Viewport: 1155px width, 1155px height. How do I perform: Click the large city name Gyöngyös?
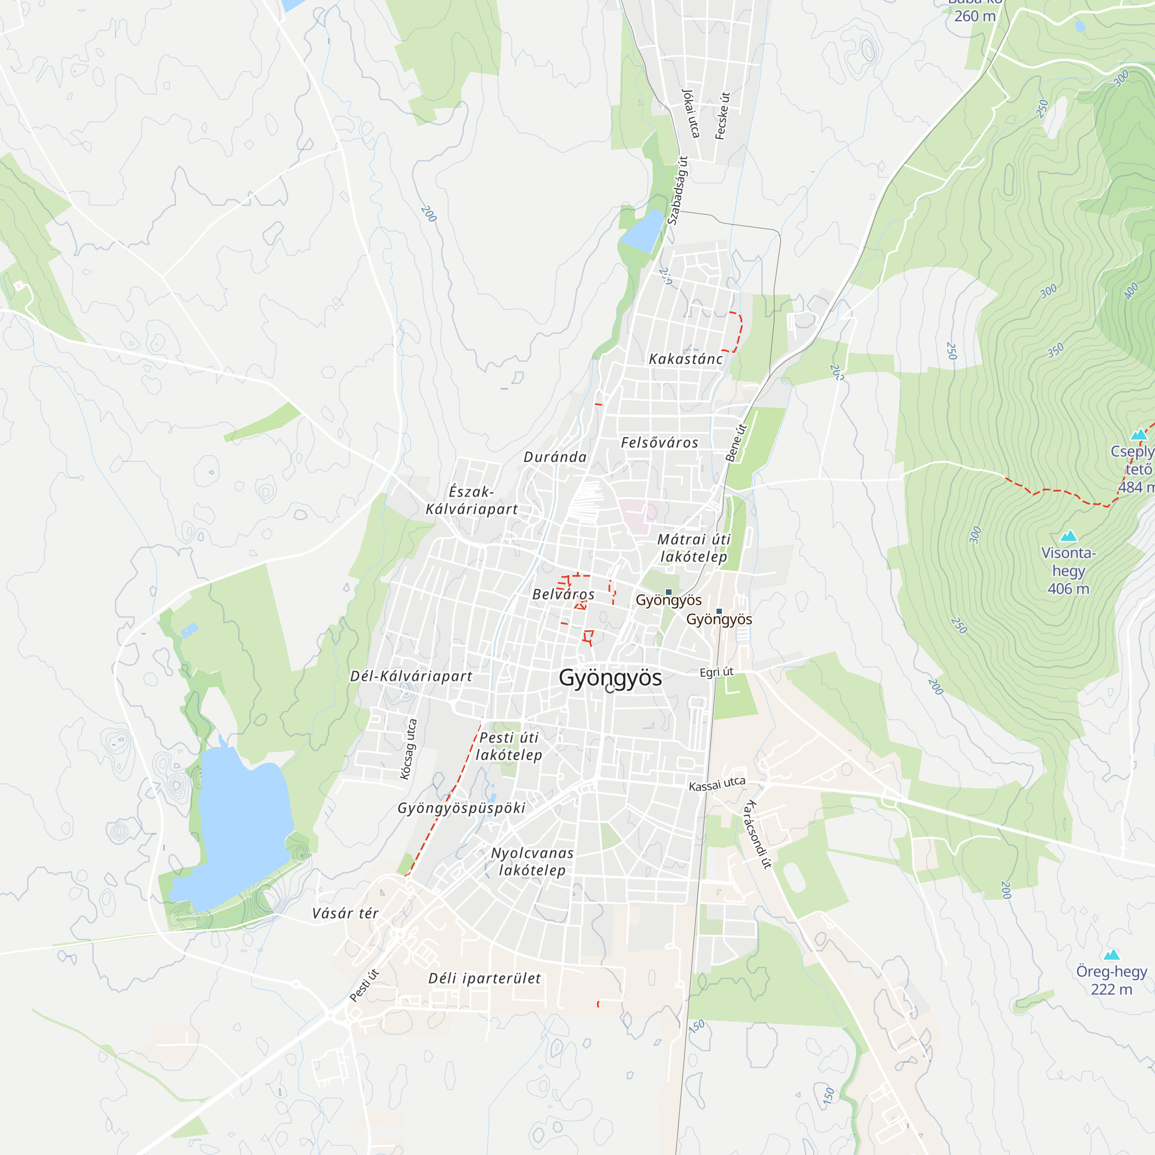tap(610, 678)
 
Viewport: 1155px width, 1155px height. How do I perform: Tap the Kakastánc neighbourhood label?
tap(685, 359)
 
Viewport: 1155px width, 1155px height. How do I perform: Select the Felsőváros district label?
tap(660, 443)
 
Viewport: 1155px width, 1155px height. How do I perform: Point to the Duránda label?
tap(555, 457)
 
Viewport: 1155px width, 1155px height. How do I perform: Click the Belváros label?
tap(563, 594)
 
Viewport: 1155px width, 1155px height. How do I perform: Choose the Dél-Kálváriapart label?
tap(411, 676)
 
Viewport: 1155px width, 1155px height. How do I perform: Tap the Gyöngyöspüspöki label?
tap(461, 808)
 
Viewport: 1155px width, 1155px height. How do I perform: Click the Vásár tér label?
tap(345, 914)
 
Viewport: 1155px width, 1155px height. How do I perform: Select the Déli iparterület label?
tap(485, 979)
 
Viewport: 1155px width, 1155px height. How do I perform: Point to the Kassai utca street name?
tap(717, 784)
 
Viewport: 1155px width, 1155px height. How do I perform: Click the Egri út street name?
tap(716, 672)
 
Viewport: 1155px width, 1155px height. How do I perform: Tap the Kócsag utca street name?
tap(408, 749)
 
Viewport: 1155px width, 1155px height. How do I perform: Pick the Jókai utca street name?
tap(691, 114)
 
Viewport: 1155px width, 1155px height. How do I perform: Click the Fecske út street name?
tap(723, 116)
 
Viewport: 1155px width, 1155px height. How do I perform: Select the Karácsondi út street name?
tap(757, 833)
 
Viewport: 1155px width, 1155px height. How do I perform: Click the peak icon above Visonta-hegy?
tap(1068, 536)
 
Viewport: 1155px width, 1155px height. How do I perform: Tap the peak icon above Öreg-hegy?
tap(1111, 954)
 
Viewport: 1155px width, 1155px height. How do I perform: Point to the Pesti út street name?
tap(364, 985)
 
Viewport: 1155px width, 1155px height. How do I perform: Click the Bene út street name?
tap(736, 442)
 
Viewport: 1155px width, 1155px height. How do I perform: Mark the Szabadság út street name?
tap(678, 190)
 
